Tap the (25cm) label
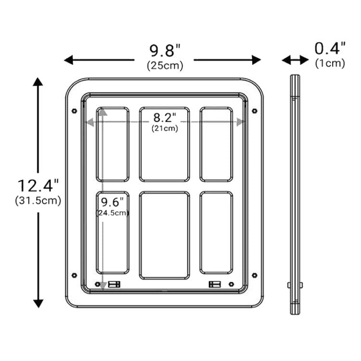(165, 66)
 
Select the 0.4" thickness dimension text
(330, 48)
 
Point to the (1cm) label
(330, 63)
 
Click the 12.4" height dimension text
(39, 185)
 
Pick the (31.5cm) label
(39, 200)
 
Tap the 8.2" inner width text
(165, 117)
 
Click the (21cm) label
(165, 128)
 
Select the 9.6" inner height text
(112, 201)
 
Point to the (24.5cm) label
(113, 213)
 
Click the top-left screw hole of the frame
(74, 111)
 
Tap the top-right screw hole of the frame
(255, 111)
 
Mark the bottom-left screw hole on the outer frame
(74, 275)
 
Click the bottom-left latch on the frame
(114, 284)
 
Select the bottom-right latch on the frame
(214, 284)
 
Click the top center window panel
(164, 144)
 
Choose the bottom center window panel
(164, 235)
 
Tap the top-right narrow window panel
(216, 144)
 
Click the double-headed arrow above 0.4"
(295, 60)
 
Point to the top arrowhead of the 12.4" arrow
(38, 82)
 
